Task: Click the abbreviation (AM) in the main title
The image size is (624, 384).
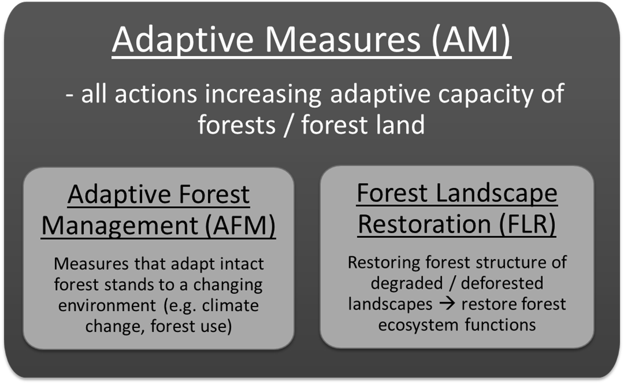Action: pyautogui.click(x=471, y=39)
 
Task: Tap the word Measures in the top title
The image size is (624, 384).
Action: pyautogui.click(x=342, y=39)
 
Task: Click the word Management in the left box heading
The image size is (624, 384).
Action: pyautogui.click(x=120, y=226)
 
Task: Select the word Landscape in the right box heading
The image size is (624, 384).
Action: pyautogui.click(x=496, y=194)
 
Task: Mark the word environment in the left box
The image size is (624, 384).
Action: pyautogui.click(x=107, y=305)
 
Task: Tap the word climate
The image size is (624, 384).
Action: pyautogui.click(x=230, y=305)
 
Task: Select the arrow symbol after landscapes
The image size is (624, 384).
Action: pyautogui.click(x=447, y=304)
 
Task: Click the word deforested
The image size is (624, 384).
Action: pyautogui.click(x=502, y=283)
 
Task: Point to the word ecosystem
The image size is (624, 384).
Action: pyautogui.click(x=419, y=325)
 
